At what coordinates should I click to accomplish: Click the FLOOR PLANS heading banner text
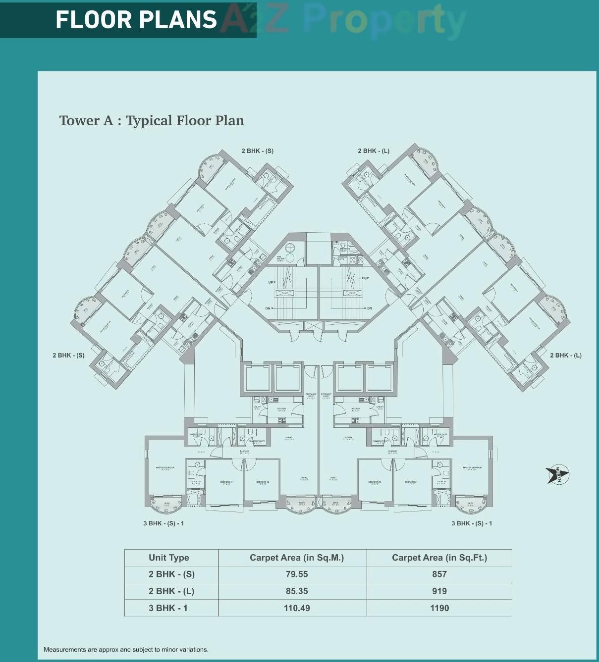tap(136, 20)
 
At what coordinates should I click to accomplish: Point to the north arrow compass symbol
tap(558, 474)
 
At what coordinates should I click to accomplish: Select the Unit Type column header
tap(169, 558)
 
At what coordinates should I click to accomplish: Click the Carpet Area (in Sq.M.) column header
tap(296, 558)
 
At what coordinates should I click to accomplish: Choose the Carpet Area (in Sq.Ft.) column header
tap(439, 558)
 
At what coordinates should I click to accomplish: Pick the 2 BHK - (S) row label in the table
tap(171, 574)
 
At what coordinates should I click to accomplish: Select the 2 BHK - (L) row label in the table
tap(171, 591)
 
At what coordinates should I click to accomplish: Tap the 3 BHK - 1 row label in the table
tap(168, 608)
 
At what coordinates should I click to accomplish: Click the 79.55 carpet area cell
tap(297, 574)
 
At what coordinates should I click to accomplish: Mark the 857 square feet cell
tap(439, 574)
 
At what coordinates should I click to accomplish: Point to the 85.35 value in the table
tap(297, 591)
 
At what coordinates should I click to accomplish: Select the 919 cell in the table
tap(439, 591)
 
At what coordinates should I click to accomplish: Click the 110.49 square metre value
tap(297, 608)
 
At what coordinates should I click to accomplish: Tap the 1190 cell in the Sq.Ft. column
tap(439, 608)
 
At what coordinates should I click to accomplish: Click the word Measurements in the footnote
tap(65, 650)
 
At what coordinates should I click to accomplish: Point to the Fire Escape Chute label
tap(280, 258)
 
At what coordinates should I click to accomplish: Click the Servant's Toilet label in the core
tap(344, 250)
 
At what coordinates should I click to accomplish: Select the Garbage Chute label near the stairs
tap(342, 258)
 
